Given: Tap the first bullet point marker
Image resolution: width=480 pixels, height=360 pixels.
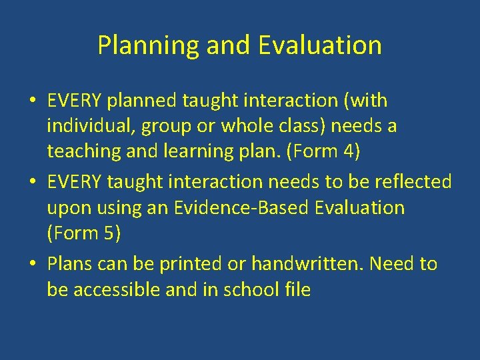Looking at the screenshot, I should tap(32, 102).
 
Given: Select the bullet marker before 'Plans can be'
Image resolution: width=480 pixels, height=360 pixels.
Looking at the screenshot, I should tap(32, 265).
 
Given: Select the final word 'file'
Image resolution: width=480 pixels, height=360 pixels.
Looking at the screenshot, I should tap(297, 289).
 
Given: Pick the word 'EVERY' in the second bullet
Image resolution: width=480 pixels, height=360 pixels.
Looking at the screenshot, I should tap(74, 182).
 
